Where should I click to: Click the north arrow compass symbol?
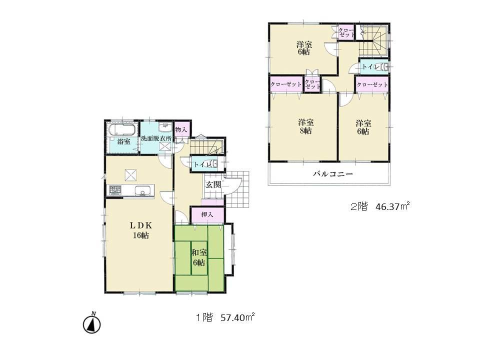pos(92,323)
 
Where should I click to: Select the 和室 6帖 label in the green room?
pos(198,257)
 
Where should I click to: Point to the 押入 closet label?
pos(207,215)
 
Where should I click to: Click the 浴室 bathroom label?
pos(123,142)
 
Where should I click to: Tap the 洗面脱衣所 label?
pos(156,138)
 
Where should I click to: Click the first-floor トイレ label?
pos(201,163)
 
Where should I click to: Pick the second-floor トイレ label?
pos(370,67)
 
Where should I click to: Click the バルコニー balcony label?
pos(333,174)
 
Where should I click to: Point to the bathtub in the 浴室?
pos(121,130)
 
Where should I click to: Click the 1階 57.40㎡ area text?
pos(225,316)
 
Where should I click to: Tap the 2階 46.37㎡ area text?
pos(380,205)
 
